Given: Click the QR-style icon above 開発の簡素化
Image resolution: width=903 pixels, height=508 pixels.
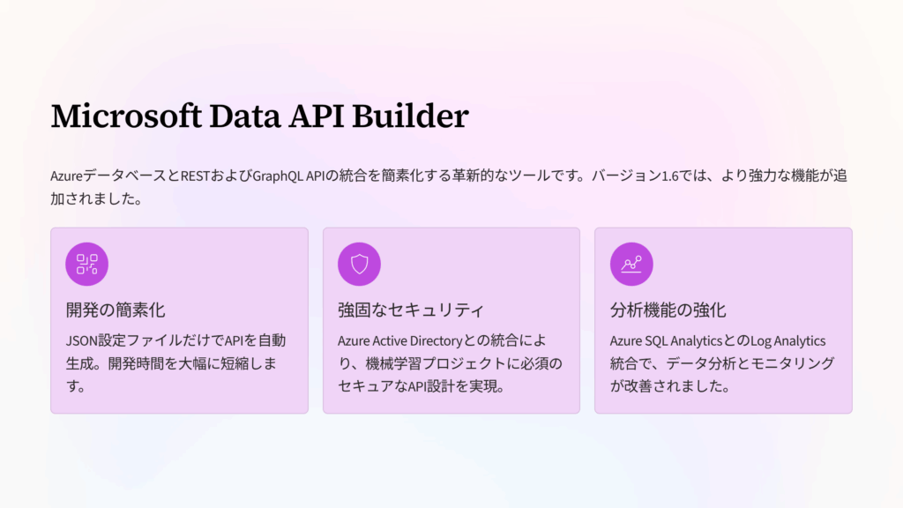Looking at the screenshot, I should point(87,264).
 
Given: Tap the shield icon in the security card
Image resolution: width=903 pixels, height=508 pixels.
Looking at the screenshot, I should point(359,264).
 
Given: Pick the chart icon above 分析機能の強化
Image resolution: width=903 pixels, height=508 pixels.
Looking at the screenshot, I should point(631,264).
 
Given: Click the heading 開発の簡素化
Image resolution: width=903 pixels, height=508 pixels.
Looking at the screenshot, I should point(116,310).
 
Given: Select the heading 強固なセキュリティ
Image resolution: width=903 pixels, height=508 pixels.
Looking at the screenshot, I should point(411,310).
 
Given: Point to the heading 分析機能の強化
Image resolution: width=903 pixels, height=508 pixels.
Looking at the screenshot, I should point(668,310).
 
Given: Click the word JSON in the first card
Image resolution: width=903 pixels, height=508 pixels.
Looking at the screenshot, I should point(82,340).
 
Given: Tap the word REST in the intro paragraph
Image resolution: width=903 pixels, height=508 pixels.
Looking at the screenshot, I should point(196,176).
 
